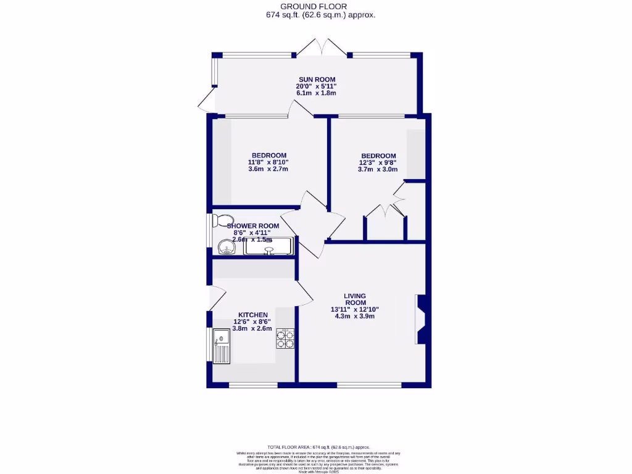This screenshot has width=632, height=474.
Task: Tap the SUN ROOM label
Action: tap(315, 79)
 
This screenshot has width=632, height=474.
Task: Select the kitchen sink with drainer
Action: tap(221, 346)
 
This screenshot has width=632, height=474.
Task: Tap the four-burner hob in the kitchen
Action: tap(285, 339)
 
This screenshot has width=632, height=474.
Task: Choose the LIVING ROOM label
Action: tap(355, 299)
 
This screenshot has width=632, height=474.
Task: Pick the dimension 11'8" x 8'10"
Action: tap(268, 162)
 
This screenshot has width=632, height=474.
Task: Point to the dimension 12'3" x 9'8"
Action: tap(378, 163)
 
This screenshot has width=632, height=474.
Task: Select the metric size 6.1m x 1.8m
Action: tap(315, 93)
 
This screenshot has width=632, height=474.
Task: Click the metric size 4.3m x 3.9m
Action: tap(355, 316)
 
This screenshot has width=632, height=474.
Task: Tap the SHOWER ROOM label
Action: tap(253, 226)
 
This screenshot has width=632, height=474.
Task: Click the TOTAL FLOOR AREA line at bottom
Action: tap(318, 447)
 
